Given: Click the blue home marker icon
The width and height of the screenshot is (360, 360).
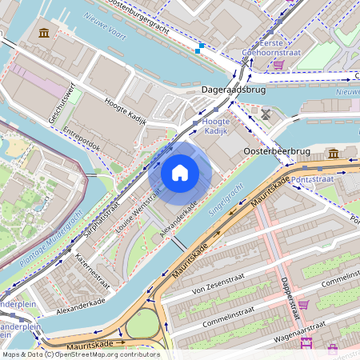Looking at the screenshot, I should click(x=180, y=173).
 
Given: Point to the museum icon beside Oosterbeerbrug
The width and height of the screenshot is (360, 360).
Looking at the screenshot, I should click(x=334, y=153).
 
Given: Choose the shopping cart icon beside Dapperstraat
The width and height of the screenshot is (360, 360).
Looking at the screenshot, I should click(x=302, y=305).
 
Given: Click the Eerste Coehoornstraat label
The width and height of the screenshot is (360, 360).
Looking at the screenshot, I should click(x=270, y=48).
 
